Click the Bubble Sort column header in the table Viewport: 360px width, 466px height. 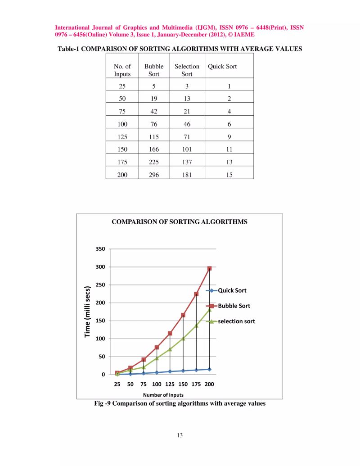coord(153,70)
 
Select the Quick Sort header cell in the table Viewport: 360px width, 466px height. coord(222,66)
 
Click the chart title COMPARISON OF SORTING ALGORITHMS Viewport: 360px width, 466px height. coord(179,222)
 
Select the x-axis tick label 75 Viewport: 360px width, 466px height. coord(144,384)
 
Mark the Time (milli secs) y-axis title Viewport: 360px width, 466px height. coord(88,312)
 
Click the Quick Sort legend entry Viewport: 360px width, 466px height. coord(232,290)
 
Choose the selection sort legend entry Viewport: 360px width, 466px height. coord(236,321)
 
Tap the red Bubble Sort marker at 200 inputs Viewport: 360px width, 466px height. coord(209,268)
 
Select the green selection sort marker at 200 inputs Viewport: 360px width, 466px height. coord(209,310)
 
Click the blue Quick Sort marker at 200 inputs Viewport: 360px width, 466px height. coord(209,369)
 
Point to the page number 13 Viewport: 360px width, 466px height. coord(180,435)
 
